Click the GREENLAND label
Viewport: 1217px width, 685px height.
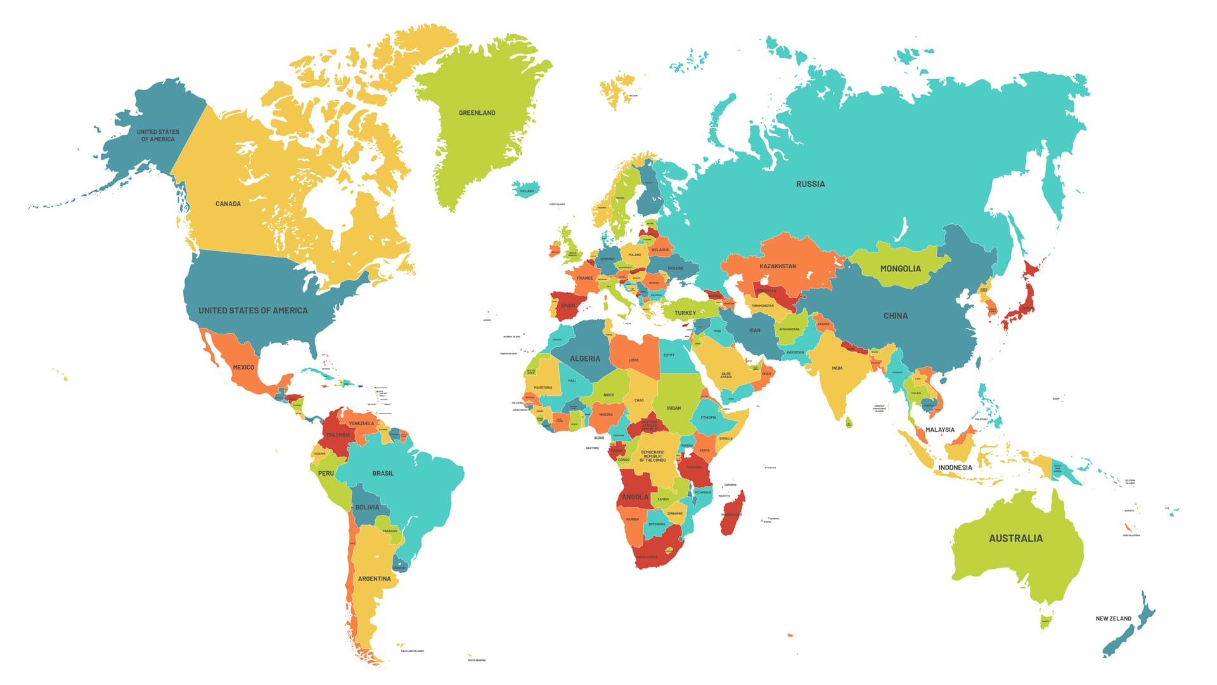[477, 113]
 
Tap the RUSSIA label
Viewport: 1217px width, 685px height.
[810, 184]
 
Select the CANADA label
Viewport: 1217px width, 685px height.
[228, 204]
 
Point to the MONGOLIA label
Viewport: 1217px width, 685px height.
[900, 269]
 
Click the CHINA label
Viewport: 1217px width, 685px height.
[895, 316]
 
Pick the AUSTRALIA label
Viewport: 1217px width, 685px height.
[1015, 538]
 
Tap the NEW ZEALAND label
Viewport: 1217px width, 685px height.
[1113, 618]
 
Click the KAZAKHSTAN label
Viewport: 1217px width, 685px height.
[778, 266]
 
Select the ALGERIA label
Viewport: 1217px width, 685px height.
[584, 359]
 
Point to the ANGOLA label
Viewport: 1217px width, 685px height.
[634, 497]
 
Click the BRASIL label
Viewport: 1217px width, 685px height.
[383, 473]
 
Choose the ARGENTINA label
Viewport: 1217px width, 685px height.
[374, 578]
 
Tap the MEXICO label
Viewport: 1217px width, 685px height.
[243, 367]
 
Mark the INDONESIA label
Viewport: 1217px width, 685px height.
[955, 467]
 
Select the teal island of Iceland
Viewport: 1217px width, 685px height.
[526, 188]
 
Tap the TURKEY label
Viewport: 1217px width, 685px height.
[685, 313]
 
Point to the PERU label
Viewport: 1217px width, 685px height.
[326, 473]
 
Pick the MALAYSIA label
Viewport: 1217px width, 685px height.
[939, 429]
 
